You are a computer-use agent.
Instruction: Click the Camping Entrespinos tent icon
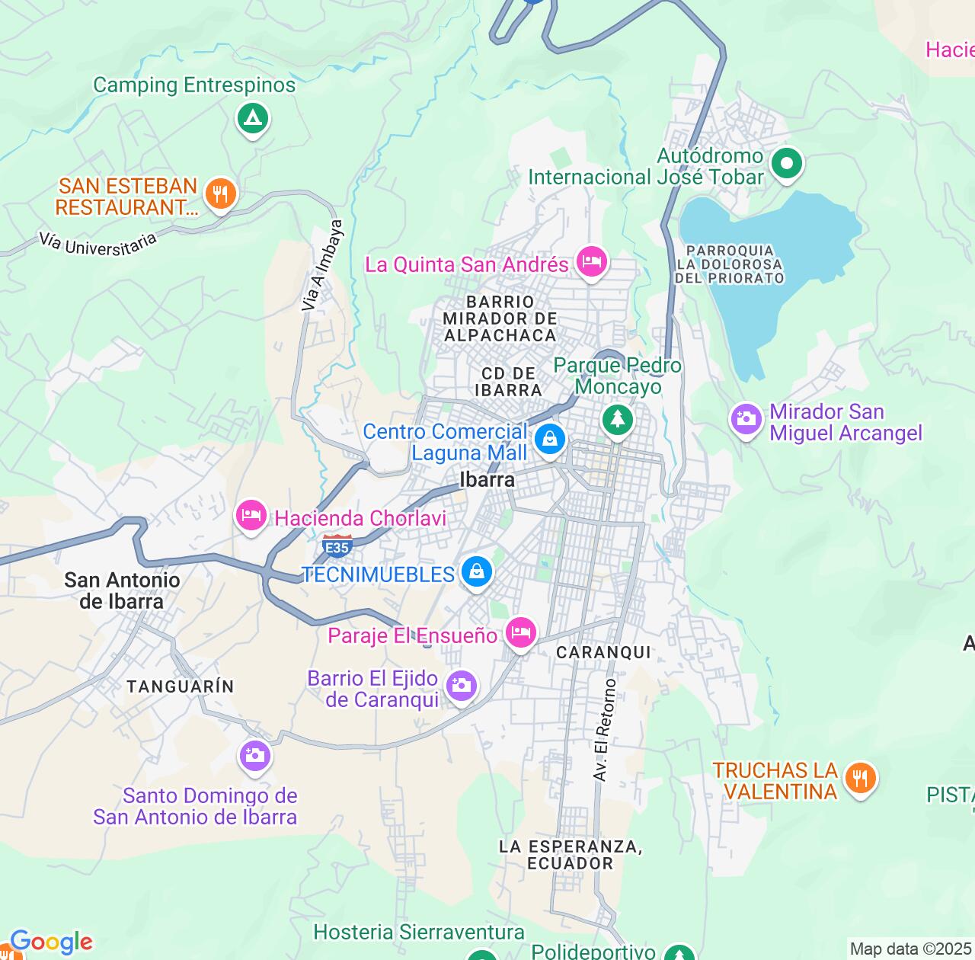point(252,119)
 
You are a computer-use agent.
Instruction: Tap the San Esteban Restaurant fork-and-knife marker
point(220,194)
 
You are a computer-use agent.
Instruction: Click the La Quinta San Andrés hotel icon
point(591,262)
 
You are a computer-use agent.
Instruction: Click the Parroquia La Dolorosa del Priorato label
point(729,264)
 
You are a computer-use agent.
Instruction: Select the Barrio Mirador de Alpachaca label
point(500,318)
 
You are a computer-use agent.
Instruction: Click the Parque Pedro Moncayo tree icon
point(617,418)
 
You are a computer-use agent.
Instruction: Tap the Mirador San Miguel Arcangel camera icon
point(746,418)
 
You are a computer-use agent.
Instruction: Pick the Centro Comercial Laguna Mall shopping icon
point(549,438)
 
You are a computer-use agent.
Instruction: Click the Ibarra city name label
point(487,479)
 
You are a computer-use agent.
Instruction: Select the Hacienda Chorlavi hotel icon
point(251,516)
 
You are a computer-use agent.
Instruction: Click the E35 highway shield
point(337,546)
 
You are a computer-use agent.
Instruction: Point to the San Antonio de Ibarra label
point(122,590)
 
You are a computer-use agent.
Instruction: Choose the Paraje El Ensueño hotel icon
point(521,632)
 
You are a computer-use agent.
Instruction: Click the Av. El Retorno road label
point(603,730)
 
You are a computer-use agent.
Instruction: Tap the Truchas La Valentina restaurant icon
point(860,778)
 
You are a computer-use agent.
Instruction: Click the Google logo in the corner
point(50,942)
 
